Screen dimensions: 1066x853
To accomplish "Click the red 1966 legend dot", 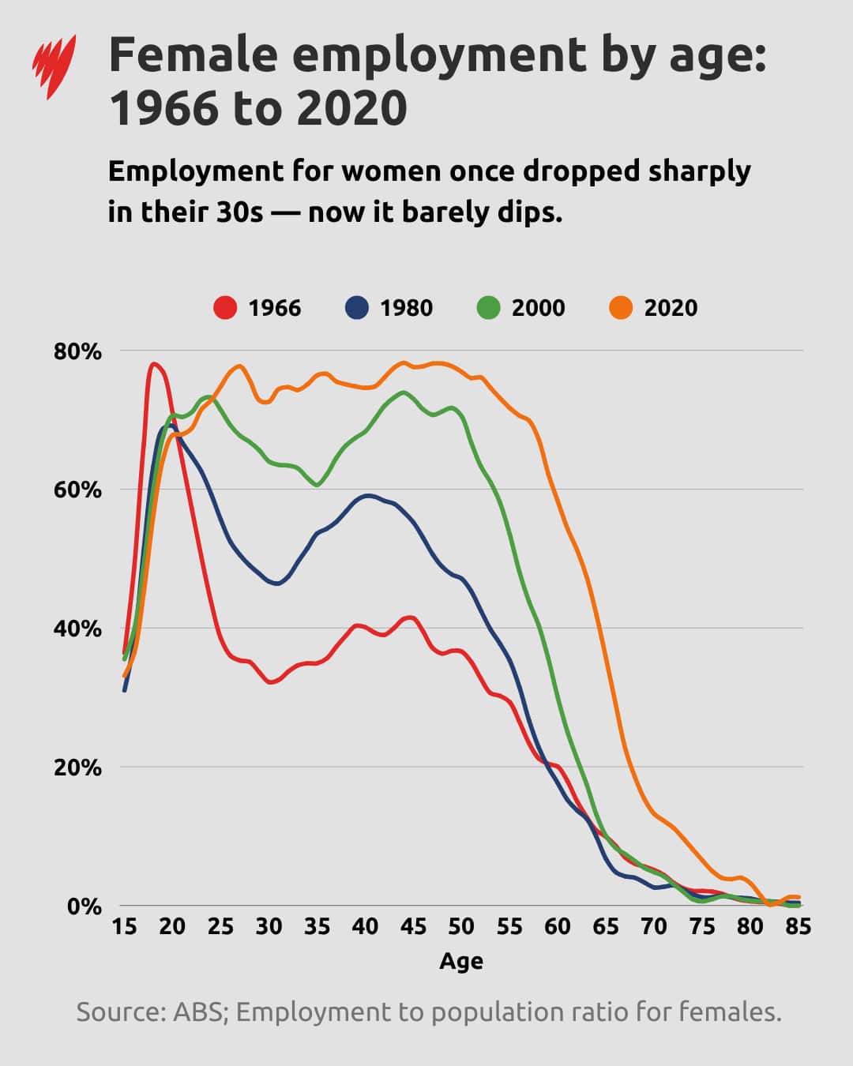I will point(225,307).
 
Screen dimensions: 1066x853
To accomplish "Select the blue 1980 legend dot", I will point(357,307).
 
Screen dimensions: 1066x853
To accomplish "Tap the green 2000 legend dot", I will point(489,307).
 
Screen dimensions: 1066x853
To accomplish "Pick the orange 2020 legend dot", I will point(621,307).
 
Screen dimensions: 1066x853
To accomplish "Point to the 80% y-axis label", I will point(77,351).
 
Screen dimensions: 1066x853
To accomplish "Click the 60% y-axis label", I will point(77,490).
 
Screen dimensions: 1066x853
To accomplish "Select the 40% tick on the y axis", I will point(77,629).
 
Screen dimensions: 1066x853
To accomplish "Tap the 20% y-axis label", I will point(77,768).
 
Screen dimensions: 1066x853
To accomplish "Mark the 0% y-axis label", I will point(84,906).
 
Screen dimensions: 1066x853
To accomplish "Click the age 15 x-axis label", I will point(124,927).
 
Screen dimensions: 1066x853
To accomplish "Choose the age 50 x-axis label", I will point(461,927).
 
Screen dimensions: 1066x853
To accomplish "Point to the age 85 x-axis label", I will point(798,927).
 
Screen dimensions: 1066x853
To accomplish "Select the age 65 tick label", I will point(606,927).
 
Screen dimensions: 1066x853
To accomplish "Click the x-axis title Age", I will point(461,961).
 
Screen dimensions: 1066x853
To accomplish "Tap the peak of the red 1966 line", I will point(153,364).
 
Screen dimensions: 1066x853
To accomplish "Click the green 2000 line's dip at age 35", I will point(317,485).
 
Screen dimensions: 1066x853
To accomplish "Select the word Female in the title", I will point(193,55).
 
